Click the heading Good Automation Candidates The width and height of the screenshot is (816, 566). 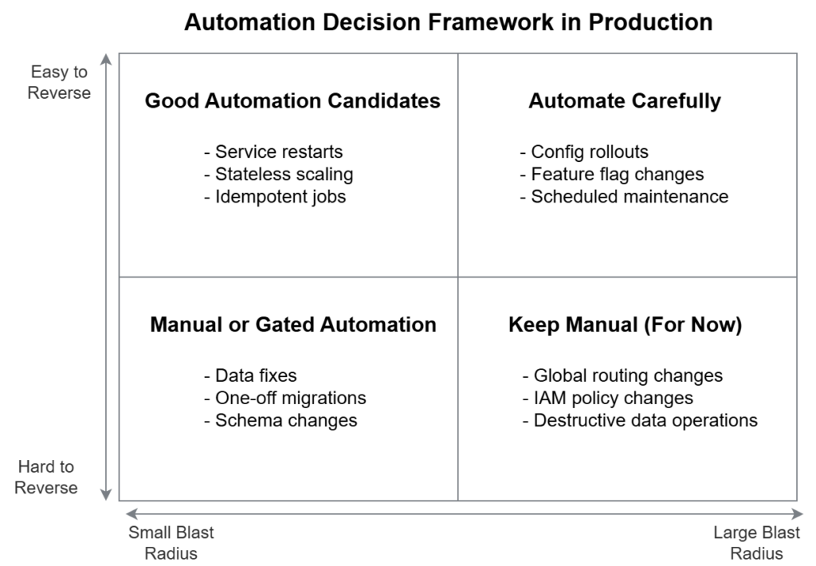(292, 101)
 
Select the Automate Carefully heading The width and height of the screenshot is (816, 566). (625, 101)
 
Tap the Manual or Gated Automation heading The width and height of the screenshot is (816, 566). (292, 325)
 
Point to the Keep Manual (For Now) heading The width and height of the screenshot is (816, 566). (625, 325)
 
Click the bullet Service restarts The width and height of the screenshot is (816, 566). (273, 151)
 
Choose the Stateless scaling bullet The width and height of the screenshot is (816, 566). (278, 174)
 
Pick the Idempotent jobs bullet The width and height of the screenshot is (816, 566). (275, 196)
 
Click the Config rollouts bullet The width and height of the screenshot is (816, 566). (584, 151)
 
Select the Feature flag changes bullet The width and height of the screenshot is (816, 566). (612, 174)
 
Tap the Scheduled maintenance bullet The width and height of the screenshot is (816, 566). (624, 196)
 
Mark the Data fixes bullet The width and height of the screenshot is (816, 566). (250, 375)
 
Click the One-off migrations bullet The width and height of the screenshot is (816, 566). (285, 398)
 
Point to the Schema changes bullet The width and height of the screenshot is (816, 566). (280, 420)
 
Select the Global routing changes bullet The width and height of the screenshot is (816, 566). (622, 375)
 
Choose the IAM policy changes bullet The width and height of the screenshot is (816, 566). (608, 398)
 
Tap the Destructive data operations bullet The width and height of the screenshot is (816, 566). (640, 420)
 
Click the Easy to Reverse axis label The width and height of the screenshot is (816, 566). (59, 82)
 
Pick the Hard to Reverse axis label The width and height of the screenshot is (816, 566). (46, 477)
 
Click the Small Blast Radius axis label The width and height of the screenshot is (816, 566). (171, 542)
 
